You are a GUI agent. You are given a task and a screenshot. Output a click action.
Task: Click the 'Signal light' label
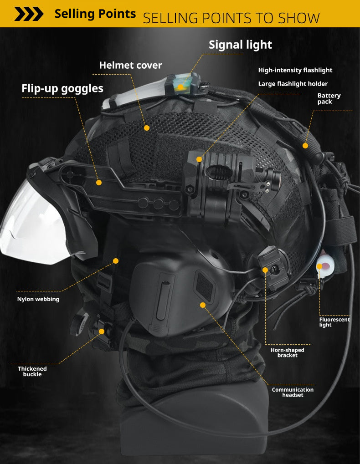coord(240,45)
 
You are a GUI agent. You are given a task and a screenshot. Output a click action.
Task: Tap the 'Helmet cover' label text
coord(131,65)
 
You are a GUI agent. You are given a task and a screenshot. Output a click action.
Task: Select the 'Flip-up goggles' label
coord(62,88)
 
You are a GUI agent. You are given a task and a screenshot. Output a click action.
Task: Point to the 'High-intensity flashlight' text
coord(295,70)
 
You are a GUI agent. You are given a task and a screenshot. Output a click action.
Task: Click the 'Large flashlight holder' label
coord(293,84)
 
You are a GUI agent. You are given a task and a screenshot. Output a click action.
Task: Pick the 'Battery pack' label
coord(329,98)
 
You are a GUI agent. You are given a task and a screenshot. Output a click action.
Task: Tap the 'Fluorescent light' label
coord(334,322)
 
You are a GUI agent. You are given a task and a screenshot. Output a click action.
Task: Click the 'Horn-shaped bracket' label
coord(287,352)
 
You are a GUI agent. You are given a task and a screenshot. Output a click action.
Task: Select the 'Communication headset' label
coord(293,392)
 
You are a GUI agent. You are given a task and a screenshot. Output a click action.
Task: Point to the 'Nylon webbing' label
coord(38,299)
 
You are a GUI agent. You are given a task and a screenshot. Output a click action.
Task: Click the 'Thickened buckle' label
coord(32,371)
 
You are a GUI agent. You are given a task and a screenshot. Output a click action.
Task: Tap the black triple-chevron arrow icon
coord(29,14)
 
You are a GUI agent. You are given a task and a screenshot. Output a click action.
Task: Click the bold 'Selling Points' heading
coord(95,14)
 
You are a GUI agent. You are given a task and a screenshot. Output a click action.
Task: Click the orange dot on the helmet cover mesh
coord(147,128)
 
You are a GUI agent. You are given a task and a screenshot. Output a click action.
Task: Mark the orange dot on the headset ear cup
coord(203,305)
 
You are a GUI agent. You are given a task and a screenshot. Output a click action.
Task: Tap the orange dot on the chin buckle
coord(102,331)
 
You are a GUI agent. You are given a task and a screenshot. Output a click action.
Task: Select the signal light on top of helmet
coord(182,83)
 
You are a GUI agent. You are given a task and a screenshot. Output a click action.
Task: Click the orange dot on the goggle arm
coord(99,183)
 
